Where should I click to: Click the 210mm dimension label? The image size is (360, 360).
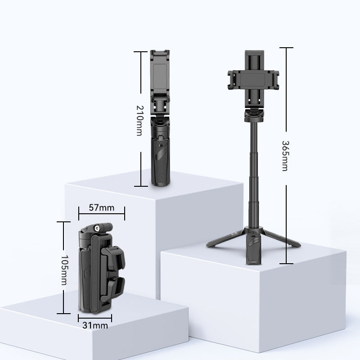(139, 121)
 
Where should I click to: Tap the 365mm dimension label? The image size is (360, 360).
(285, 156)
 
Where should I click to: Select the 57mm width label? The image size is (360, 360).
(102, 208)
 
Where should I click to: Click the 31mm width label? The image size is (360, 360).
(95, 325)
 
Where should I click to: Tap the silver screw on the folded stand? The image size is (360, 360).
(96, 228)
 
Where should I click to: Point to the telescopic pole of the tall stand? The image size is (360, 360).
(253, 175)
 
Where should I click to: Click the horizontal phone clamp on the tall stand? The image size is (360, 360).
(253, 80)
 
